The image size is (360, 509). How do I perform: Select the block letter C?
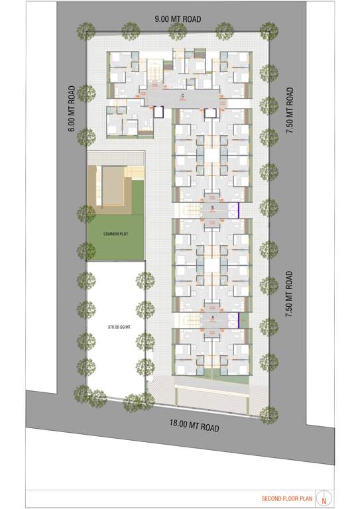[x=182, y=96]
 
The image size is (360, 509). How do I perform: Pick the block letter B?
[x=211, y=207]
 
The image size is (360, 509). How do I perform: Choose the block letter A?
[x=211, y=317]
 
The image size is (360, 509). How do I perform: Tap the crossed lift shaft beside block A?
[x=232, y=320]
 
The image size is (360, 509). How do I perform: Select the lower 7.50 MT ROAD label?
[x=289, y=294]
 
